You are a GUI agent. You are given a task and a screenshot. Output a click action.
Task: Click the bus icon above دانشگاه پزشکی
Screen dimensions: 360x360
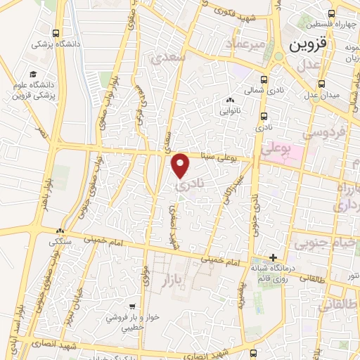[56, 32]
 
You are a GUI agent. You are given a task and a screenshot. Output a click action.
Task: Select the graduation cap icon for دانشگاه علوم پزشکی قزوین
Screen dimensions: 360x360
[32, 75]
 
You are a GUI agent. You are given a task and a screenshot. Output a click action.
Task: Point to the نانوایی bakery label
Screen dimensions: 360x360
[231, 110]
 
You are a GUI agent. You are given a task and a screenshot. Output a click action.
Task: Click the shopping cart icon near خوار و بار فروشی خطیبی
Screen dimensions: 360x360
[132, 307]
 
